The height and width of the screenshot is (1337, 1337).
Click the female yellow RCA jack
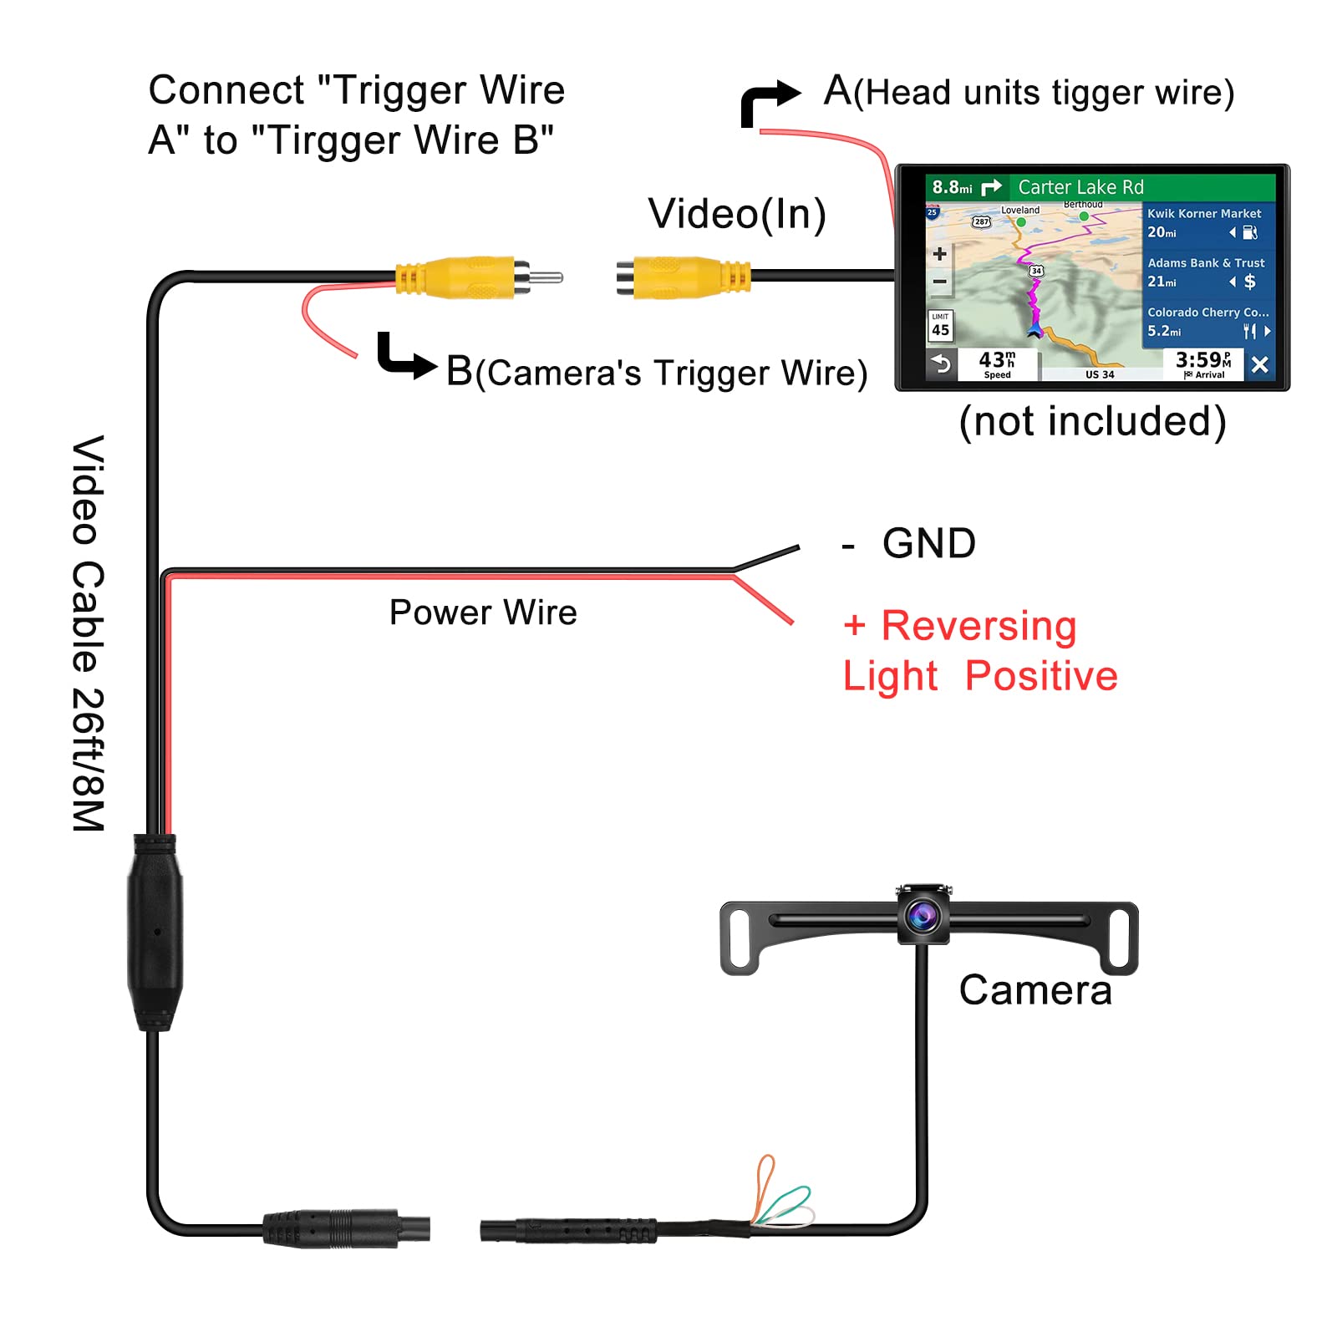[684, 277]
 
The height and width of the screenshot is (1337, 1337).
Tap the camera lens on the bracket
[923, 916]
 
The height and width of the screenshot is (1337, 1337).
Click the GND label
[929, 543]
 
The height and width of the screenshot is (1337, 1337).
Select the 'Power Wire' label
[483, 613]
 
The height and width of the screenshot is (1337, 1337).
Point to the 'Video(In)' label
[737, 214]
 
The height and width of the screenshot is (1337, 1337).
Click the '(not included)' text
[1092, 421]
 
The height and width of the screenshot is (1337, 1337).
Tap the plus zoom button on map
[940, 253]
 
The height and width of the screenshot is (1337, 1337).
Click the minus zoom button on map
[940, 282]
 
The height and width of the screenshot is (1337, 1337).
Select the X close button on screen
[1260, 364]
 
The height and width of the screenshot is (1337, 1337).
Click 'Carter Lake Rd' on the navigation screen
[1080, 187]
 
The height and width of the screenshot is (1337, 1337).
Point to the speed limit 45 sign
[940, 325]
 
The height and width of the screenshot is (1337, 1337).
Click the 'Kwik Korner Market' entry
[1204, 214]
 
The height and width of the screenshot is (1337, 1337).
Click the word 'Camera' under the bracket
[1035, 990]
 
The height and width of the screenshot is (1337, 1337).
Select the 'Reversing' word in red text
[979, 626]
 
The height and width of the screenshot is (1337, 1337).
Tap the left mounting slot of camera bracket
[739, 937]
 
